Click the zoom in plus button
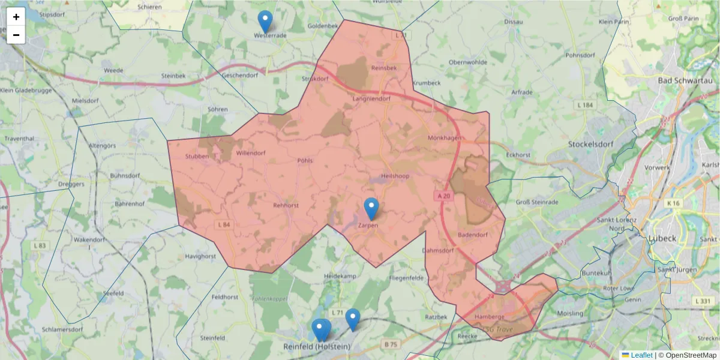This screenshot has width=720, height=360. (16, 17)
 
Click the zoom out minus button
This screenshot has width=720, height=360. (16, 35)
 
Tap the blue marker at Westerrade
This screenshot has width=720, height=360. (265, 22)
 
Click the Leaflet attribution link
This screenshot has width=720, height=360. (641, 355)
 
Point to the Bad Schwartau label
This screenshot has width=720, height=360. (682, 80)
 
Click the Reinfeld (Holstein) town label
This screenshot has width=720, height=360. (317, 347)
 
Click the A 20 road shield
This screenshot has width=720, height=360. (443, 196)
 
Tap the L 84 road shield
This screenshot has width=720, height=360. (223, 224)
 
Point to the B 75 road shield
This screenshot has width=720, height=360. (391, 344)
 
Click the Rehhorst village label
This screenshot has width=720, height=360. (286, 205)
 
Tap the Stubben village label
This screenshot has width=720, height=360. (197, 157)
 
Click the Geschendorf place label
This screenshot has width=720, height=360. (239, 76)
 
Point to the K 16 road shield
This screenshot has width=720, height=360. (673, 204)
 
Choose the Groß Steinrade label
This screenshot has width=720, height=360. (537, 202)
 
